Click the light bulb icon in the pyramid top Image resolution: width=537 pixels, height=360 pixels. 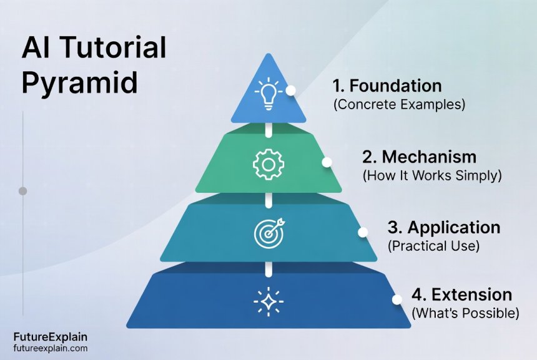point(268,93)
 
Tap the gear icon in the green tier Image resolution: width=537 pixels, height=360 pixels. point(268,164)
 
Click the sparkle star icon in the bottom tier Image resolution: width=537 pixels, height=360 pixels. point(268,301)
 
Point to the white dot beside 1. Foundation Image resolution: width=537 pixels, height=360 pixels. point(290,90)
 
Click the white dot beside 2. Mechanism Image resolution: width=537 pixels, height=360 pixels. point(327,162)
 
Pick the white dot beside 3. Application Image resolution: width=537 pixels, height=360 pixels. point(362,232)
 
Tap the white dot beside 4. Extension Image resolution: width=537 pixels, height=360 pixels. point(397,299)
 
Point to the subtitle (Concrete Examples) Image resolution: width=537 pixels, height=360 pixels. point(400,105)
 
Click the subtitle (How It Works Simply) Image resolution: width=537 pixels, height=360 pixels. point(432,176)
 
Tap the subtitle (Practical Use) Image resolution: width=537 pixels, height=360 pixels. point(433,246)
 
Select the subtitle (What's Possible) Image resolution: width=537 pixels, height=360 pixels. point(465,313)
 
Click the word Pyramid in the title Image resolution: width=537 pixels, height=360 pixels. point(80,84)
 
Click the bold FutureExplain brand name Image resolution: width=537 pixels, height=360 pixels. point(51,338)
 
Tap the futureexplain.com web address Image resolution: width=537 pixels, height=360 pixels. point(51,349)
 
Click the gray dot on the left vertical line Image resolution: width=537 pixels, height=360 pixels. point(22,191)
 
